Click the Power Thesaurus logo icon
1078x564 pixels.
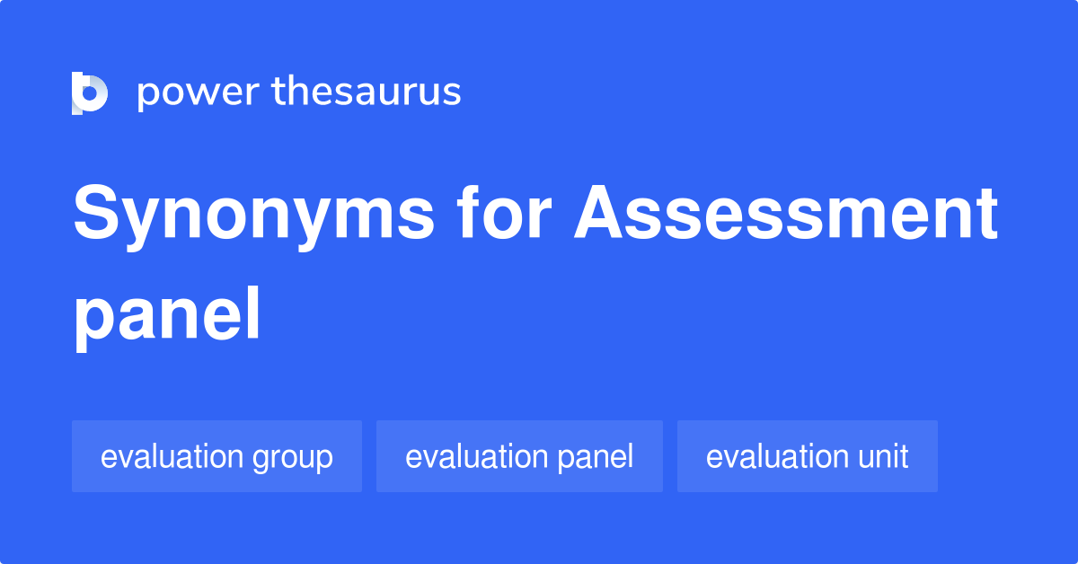point(89,93)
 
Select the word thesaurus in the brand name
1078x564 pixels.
point(367,93)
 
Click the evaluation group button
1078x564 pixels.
point(216,456)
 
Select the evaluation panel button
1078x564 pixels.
point(519,456)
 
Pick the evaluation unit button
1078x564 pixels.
point(807,456)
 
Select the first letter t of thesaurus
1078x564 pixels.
point(278,93)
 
